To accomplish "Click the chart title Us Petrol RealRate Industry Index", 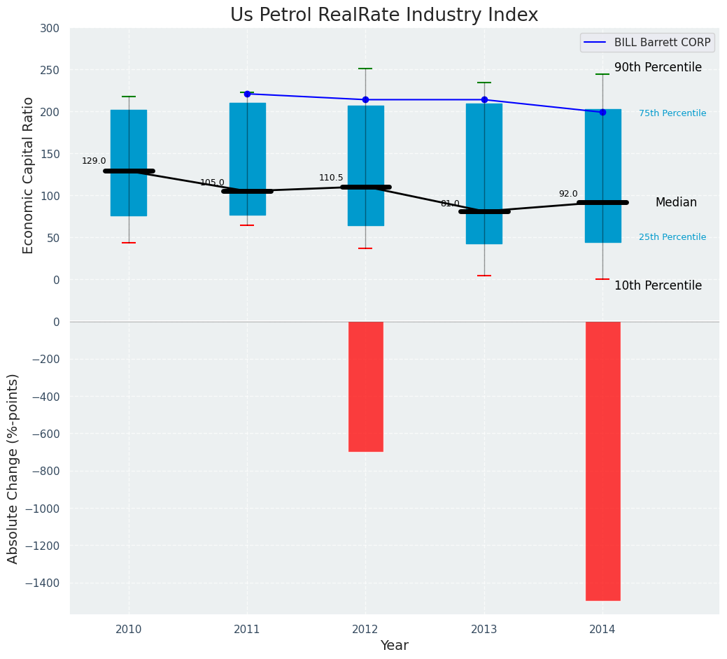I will [384, 15].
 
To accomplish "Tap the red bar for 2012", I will [365, 386].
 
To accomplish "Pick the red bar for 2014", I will [602, 460].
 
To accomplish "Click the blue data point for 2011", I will [247, 94].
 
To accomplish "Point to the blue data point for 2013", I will [484, 100].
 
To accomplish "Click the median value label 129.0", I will [94, 161].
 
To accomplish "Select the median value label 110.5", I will [331, 178].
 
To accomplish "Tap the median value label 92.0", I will [568, 194].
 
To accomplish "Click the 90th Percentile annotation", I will [658, 68].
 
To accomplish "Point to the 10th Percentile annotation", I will [658, 285].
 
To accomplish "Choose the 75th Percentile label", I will [672, 113].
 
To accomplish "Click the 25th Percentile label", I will [672, 237].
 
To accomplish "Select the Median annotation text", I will [676, 202].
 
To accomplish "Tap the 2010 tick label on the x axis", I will [129, 630].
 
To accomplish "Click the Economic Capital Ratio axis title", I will [29, 175].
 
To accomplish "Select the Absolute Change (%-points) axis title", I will [13, 468].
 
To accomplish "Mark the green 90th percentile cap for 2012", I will [365, 69].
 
